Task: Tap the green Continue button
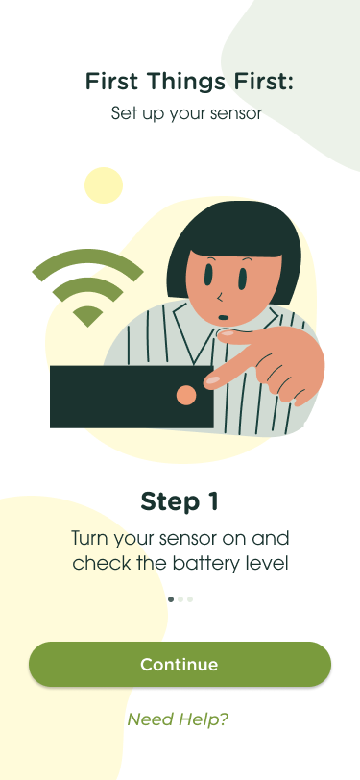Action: [x=180, y=664]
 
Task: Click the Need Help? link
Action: [x=178, y=719]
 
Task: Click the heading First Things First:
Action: [x=189, y=81]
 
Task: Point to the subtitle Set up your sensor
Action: [x=186, y=114]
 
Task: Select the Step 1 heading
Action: [x=180, y=501]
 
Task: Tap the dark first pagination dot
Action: [x=171, y=599]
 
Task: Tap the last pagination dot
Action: [x=190, y=599]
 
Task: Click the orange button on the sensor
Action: [x=186, y=395]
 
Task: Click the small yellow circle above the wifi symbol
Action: [x=104, y=185]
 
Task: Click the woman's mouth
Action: [x=224, y=317]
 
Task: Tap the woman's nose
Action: [x=219, y=298]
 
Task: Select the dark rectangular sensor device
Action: [x=132, y=397]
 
